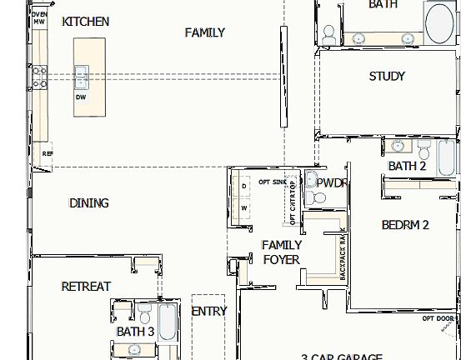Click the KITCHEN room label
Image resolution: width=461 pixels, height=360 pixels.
[x=85, y=21]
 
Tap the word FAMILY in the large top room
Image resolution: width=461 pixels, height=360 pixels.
[x=204, y=32]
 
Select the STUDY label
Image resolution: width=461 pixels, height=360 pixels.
[x=387, y=77]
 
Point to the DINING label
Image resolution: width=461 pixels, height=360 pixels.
[x=88, y=202]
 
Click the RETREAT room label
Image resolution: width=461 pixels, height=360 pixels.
[x=86, y=287]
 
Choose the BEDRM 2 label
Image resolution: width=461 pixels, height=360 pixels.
[x=405, y=224]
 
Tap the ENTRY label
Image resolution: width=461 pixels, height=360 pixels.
[x=208, y=312]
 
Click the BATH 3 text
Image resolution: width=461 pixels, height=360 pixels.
[x=135, y=332]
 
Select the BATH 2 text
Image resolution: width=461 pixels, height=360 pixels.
[x=407, y=166]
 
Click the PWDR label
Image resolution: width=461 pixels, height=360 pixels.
[x=332, y=182]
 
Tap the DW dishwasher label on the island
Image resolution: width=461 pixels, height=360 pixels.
[x=81, y=97]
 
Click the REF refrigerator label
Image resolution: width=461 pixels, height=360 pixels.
[x=47, y=154]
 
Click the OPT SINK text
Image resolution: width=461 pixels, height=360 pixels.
[x=273, y=181]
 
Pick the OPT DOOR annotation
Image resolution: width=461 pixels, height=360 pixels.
[x=438, y=318]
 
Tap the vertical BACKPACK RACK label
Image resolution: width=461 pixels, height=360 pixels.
[x=342, y=253]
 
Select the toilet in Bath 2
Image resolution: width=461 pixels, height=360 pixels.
[x=424, y=151]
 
